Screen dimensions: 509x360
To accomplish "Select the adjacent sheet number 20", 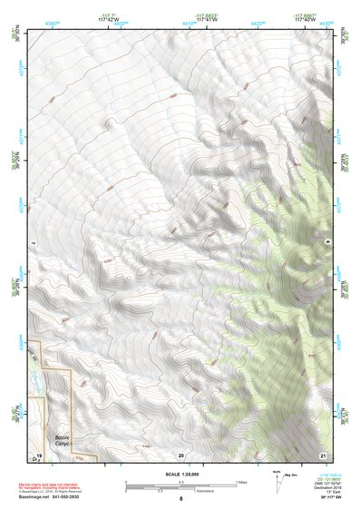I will click(181, 453).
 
